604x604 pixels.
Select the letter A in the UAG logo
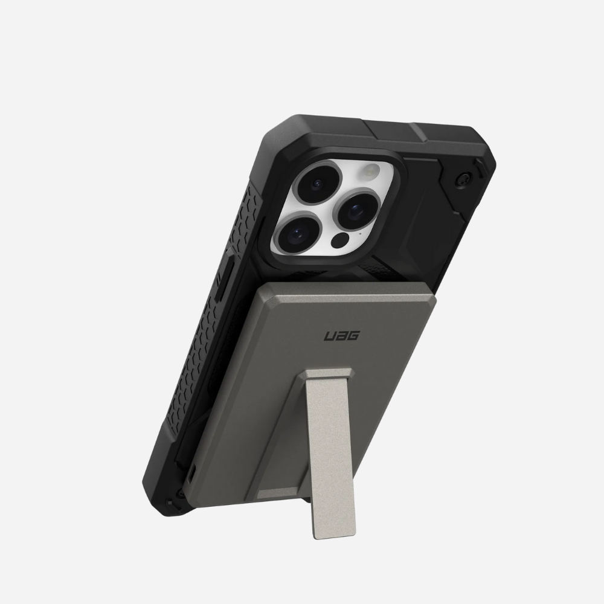tap(341, 335)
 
